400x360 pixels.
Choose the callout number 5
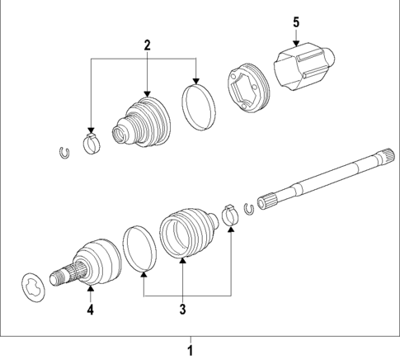pos(295,23)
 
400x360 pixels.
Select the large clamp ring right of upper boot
pos(197,107)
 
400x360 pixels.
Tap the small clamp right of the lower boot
pos(230,218)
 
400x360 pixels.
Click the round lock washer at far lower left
pos(34,285)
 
